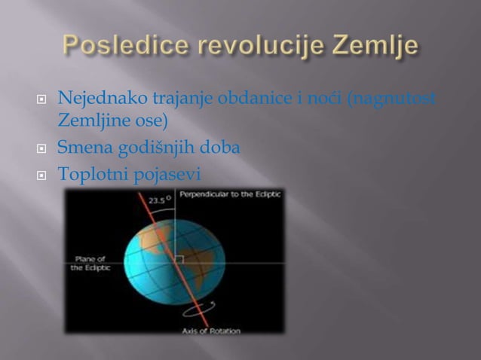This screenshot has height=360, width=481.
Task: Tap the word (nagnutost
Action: tap(391, 99)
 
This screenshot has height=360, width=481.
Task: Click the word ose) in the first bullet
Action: tap(152, 121)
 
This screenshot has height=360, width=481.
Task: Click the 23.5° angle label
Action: tap(159, 200)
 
